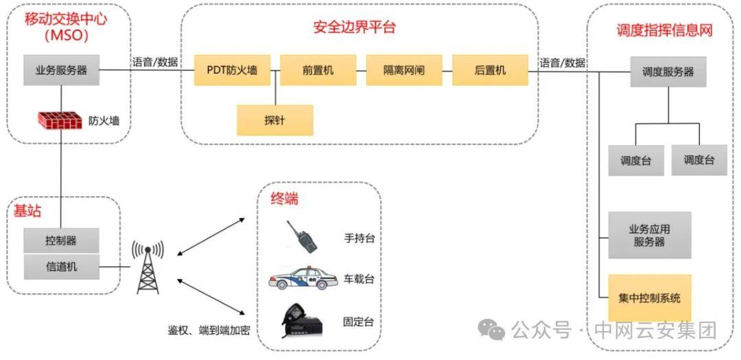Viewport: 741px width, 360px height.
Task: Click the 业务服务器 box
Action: [x=61, y=70]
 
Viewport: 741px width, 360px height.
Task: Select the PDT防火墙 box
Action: [x=232, y=70]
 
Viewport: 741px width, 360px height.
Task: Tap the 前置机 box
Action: [x=318, y=70]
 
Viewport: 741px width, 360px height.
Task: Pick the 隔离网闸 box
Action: [x=403, y=70]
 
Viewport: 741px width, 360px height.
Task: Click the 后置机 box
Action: [x=490, y=70]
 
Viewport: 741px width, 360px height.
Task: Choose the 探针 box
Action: [x=274, y=120]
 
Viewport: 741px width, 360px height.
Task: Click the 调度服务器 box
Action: [x=668, y=71]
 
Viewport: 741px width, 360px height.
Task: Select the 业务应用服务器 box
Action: [x=649, y=235]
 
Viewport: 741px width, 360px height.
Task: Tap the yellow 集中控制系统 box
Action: [x=649, y=298]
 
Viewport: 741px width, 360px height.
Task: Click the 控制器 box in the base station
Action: [x=61, y=241]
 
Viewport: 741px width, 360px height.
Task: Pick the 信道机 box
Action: [x=61, y=266]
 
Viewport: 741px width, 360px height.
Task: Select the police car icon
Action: [x=303, y=279]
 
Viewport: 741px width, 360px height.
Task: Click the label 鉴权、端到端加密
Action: [x=209, y=330]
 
